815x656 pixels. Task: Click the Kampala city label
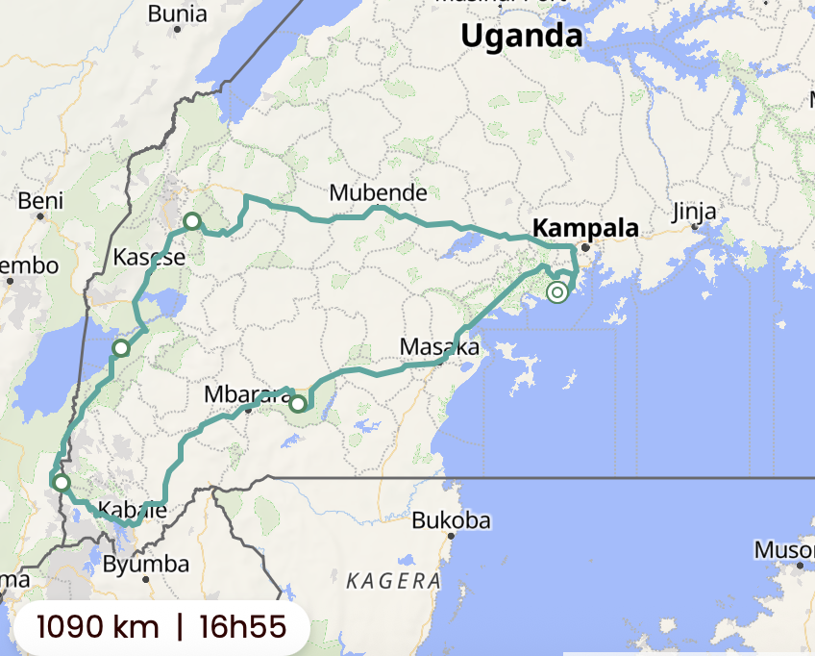click(x=585, y=229)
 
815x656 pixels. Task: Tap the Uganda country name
click(x=522, y=36)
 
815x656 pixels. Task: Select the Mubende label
click(x=378, y=192)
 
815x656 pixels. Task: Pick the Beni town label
click(x=40, y=201)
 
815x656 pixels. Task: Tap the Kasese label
click(x=149, y=258)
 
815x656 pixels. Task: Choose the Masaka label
click(x=438, y=347)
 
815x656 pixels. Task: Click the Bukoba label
click(x=451, y=521)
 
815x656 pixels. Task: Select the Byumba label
click(x=139, y=564)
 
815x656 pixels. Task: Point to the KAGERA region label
click(x=392, y=580)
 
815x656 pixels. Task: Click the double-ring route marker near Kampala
click(x=557, y=291)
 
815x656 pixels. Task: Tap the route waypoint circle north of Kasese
click(x=192, y=222)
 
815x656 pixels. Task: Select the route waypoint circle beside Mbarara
click(x=298, y=403)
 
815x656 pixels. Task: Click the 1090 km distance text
click(x=97, y=627)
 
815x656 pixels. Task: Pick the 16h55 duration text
click(x=243, y=627)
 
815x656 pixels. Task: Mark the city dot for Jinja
click(x=695, y=227)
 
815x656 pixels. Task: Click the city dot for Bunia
click(x=178, y=31)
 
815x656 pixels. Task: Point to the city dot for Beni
click(x=41, y=217)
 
